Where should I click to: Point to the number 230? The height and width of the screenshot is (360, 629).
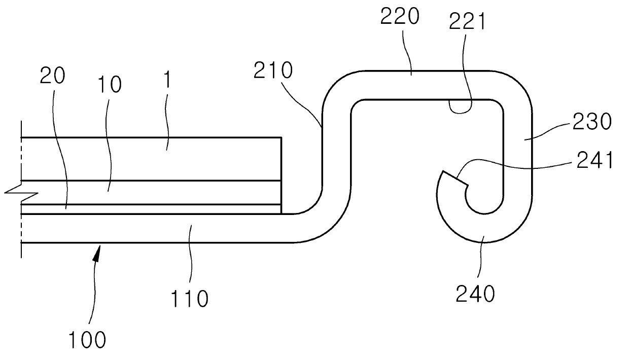click(592, 122)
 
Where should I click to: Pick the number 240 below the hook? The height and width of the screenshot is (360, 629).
click(475, 293)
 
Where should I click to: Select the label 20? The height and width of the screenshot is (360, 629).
click(53, 77)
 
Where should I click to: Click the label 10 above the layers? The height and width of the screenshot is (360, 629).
click(109, 85)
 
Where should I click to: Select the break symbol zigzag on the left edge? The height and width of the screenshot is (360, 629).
click(20, 192)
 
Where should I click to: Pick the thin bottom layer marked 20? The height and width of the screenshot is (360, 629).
click(152, 209)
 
